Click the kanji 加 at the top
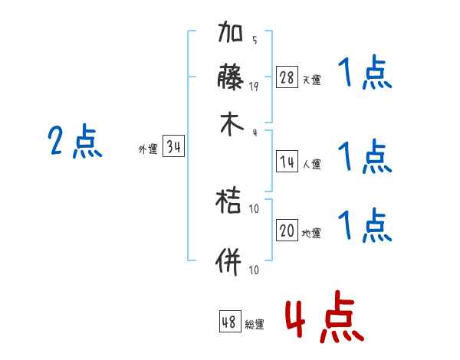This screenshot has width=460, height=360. click(x=232, y=34)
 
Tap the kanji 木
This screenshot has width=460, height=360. click(x=232, y=124)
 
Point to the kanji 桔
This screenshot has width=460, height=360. click(x=232, y=204)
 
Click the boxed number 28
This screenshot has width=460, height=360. click(x=287, y=77)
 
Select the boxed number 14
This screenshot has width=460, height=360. click(x=287, y=161)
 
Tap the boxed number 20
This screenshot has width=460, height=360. click(x=287, y=231)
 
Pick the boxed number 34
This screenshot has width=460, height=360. click(x=173, y=147)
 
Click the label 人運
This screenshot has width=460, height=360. click(x=312, y=163)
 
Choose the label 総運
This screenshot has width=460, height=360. click(x=255, y=325)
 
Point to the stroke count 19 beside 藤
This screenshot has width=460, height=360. click(x=254, y=86)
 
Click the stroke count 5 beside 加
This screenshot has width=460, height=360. click(x=254, y=40)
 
